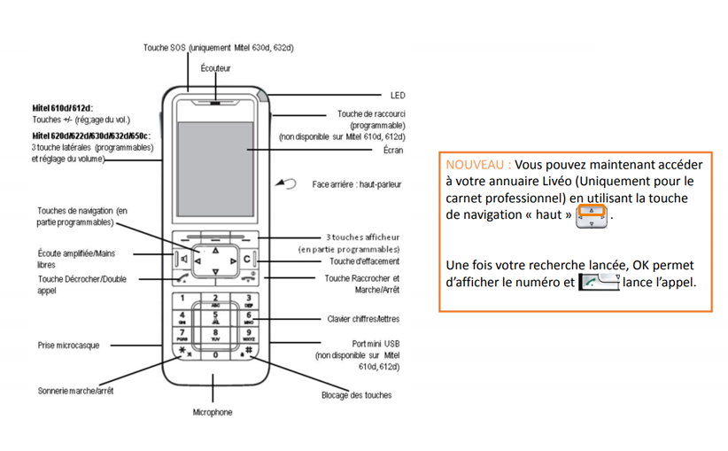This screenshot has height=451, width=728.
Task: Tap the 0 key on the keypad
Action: (215, 354)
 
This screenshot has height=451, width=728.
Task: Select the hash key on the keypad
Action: (248, 351)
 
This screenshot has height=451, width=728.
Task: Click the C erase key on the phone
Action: (247, 260)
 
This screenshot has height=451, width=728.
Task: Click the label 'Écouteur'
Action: (215, 68)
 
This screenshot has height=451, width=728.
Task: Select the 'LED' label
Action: (398, 95)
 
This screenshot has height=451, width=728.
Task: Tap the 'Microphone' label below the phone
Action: (213, 412)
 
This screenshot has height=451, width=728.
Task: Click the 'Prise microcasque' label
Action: (68, 345)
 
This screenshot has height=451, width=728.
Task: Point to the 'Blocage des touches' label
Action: (356, 395)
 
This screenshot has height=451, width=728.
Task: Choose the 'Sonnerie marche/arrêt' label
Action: (75, 390)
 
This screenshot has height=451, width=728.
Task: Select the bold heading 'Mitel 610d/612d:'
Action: (62, 107)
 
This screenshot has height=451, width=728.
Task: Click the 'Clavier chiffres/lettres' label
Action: (363, 319)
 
